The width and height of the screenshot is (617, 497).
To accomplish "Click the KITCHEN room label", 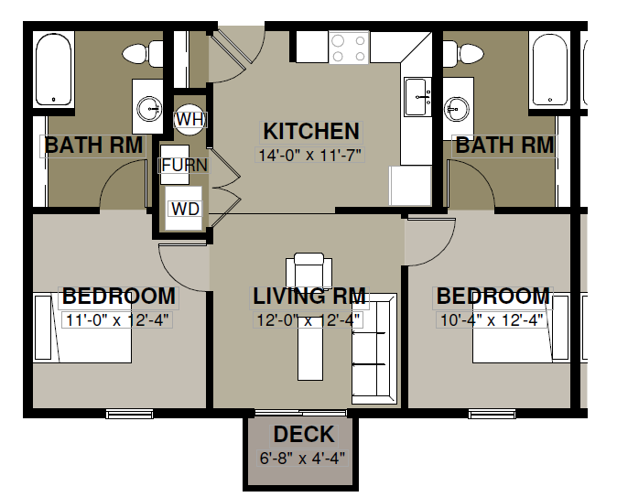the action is [311, 131].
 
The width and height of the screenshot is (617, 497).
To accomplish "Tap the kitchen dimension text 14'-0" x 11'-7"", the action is [309, 155].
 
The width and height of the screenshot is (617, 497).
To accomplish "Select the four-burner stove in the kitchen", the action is [349, 48].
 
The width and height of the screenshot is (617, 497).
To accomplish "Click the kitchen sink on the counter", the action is [417, 96].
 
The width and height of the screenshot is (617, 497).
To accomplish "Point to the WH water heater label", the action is [190, 119].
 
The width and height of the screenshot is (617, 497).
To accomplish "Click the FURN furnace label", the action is [184, 165].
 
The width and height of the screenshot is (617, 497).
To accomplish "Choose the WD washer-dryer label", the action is [185, 209].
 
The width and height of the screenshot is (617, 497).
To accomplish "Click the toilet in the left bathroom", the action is [143, 53].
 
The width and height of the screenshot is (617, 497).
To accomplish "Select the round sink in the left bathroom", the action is [149, 109].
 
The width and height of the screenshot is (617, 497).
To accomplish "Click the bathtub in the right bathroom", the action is [549, 69].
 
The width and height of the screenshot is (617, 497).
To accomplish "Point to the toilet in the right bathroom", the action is [463, 53].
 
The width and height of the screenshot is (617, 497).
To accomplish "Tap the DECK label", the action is [304, 434].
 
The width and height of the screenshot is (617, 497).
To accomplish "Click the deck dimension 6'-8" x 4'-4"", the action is [302, 458].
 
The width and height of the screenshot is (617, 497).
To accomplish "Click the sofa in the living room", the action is [373, 348].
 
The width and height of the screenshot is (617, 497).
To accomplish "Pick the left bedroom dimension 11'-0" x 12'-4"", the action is [117, 320].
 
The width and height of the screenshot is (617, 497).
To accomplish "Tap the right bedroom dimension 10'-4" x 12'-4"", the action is [492, 320].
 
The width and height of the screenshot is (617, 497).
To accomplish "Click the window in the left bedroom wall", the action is [129, 414].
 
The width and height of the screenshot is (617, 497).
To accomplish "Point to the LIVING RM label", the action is [309, 296].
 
